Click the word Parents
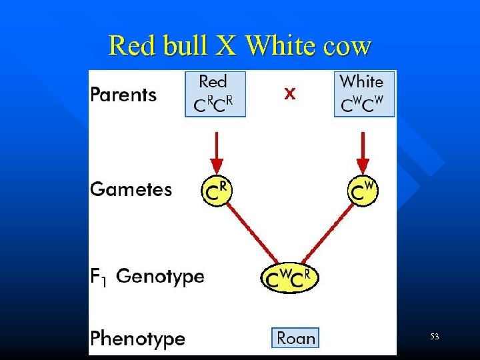pyautogui.click(x=123, y=95)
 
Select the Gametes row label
pyautogui.click(x=131, y=189)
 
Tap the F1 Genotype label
pyautogui.click(x=147, y=276)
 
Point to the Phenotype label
pyautogui.click(x=137, y=338)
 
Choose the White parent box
pyautogui.click(x=364, y=94)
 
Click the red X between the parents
pyautogui.click(x=289, y=95)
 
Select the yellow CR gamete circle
pyautogui.click(x=217, y=191)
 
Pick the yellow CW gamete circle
pyautogui.click(x=363, y=191)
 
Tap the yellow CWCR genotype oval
pyautogui.click(x=290, y=278)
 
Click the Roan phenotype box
pyautogui.click(x=295, y=338)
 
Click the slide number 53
pyautogui.click(x=434, y=337)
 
